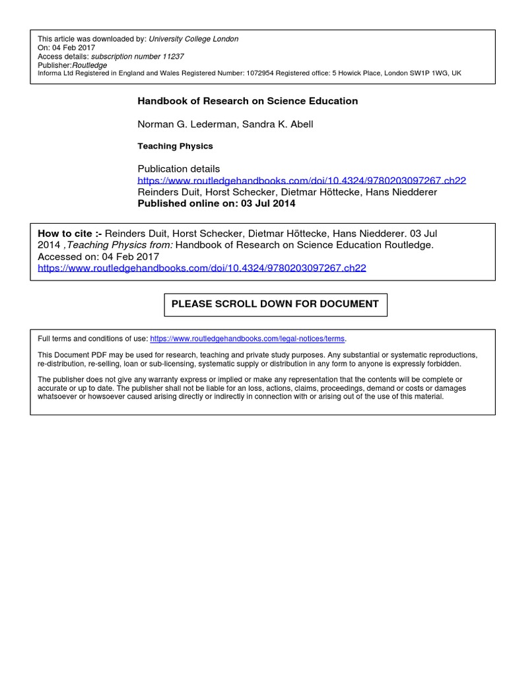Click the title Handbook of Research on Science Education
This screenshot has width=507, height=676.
(248, 101)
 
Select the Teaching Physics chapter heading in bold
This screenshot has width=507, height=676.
(175, 146)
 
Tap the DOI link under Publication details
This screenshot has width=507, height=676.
(302, 180)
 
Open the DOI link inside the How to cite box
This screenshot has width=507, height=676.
(202, 268)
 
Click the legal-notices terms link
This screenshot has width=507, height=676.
(248, 339)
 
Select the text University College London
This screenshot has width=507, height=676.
(193, 39)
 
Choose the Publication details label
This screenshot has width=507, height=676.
(179, 169)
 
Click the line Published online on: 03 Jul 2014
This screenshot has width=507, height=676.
(217, 203)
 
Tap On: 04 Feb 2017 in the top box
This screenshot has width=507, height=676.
(67, 48)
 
